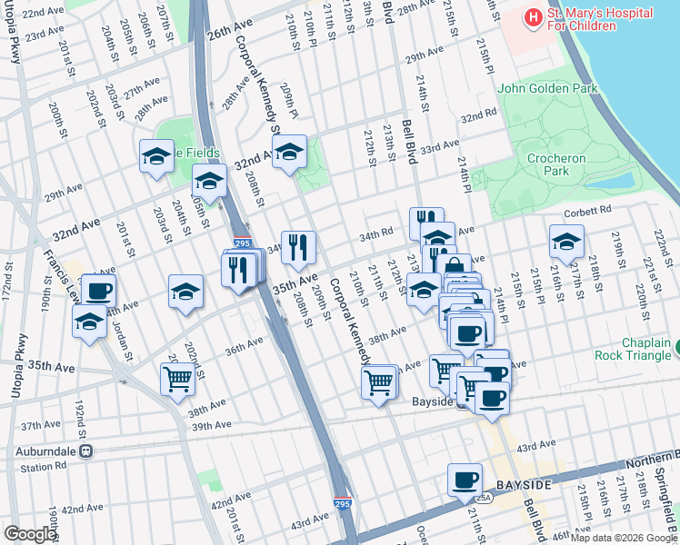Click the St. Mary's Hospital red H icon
(x=532, y=17)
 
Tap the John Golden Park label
(x=548, y=89)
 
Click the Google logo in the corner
(x=29, y=534)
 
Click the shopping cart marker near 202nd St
(x=177, y=379)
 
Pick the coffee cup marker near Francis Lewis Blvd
(x=99, y=292)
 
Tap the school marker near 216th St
(x=566, y=241)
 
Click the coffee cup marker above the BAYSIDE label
(x=465, y=479)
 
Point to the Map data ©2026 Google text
(x=624, y=538)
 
